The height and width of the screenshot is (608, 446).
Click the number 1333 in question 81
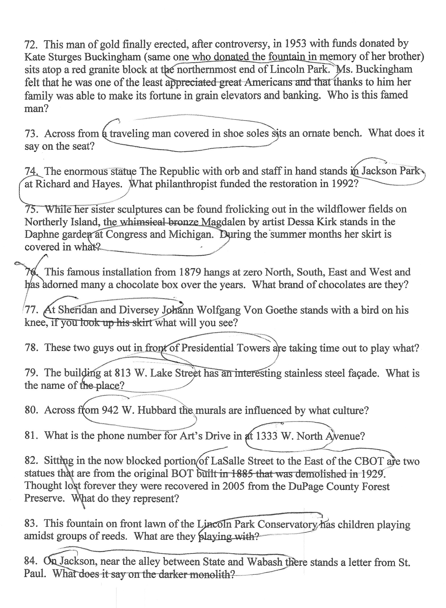pos(266,436)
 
